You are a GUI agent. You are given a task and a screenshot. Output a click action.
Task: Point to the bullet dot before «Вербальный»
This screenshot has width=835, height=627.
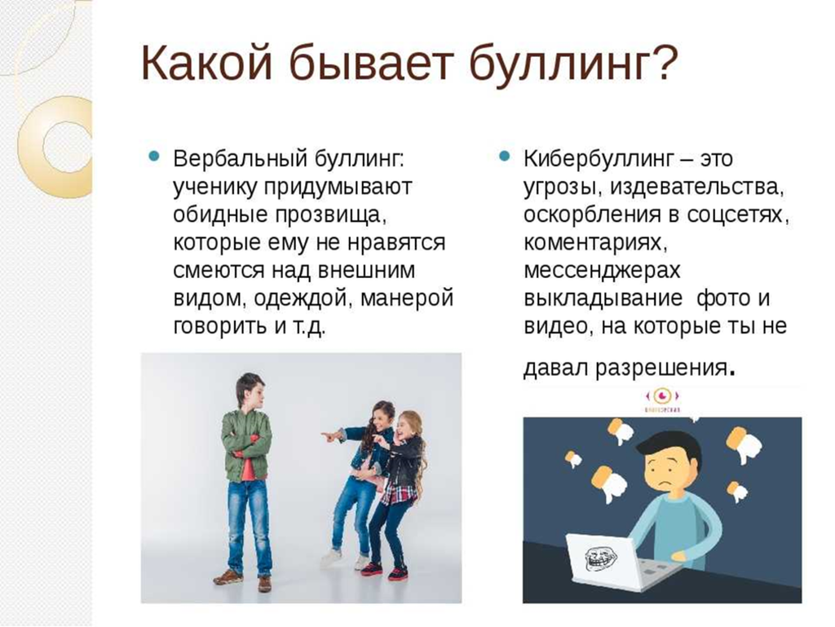pyautogui.click(x=154, y=157)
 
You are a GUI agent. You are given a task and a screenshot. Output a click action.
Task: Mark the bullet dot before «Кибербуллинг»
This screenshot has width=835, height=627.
pyautogui.click(x=504, y=157)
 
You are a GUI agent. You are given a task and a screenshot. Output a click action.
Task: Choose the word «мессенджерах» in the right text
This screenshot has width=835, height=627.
pyautogui.click(x=602, y=271)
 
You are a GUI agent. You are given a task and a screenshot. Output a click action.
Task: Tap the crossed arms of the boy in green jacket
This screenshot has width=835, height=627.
pyautogui.click(x=246, y=444)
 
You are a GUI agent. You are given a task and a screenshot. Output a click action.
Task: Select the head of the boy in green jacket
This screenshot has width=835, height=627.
pyautogui.click(x=250, y=391)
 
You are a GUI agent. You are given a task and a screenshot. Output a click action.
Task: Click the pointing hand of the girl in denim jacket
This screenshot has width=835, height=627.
pyautogui.click(x=329, y=436)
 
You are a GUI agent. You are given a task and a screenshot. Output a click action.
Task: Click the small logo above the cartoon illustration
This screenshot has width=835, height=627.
pyautogui.click(x=662, y=400)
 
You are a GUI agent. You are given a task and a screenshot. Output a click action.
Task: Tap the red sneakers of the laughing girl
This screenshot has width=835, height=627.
pyautogui.click(x=384, y=572)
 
